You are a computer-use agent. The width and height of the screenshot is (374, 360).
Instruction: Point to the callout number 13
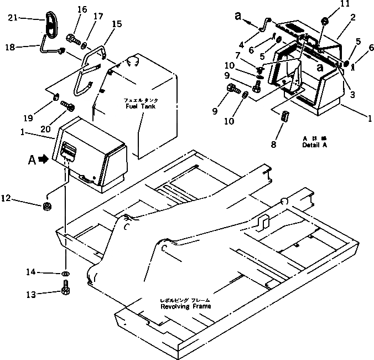click(32, 294)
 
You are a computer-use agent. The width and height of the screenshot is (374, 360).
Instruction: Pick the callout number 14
click(32, 271)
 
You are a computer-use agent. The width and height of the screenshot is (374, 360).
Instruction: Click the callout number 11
click(329, 4)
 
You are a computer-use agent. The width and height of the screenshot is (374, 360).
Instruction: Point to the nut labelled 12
click(48, 207)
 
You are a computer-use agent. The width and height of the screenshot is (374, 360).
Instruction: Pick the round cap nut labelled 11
click(325, 22)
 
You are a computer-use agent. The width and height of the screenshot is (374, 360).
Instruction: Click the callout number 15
click(117, 24)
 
